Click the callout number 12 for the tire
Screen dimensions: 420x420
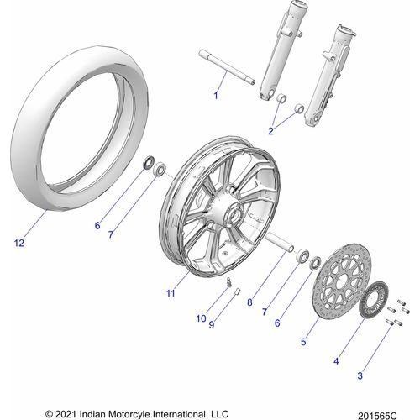19,243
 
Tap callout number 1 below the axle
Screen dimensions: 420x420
216,96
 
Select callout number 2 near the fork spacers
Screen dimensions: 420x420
270,131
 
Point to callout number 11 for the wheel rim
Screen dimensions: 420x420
171,293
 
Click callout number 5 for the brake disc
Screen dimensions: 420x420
303,342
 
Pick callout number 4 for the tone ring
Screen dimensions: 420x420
336,361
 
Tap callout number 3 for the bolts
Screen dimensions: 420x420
360,375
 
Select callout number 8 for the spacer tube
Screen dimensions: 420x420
249,302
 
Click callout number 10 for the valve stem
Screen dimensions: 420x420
201,318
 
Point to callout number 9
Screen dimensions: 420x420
212,324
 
